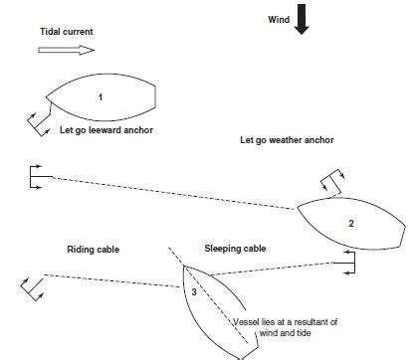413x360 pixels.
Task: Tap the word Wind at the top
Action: point(280,19)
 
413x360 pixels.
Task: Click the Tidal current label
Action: point(65,31)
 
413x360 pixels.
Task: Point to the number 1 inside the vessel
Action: point(101,96)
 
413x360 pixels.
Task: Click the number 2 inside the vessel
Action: point(350,224)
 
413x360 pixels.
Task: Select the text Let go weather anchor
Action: point(287,140)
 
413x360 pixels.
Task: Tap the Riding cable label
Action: point(94,248)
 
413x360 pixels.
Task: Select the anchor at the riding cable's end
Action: point(32,288)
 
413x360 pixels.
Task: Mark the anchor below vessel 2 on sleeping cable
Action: point(347,261)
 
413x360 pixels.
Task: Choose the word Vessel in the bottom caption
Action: point(248,322)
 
